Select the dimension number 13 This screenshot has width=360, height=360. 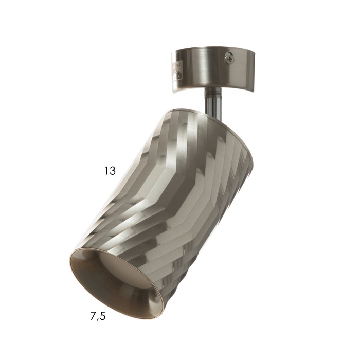point(110,171)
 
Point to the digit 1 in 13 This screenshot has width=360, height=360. point(106,171)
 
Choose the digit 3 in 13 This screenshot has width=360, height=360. point(113,171)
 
